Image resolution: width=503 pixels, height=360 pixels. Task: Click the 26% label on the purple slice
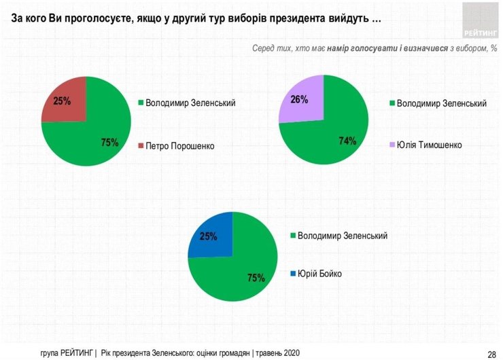point(299,100)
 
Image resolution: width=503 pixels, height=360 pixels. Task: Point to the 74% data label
point(347,141)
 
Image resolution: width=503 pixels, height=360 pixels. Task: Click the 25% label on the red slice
point(63,102)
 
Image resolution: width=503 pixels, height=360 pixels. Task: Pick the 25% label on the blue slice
point(208,236)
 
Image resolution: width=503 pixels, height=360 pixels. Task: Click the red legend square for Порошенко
point(140,146)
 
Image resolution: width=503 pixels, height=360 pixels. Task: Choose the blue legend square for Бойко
point(293,274)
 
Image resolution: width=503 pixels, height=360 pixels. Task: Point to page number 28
point(491,353)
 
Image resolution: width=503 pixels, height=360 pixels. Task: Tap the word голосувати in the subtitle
point(373,50)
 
